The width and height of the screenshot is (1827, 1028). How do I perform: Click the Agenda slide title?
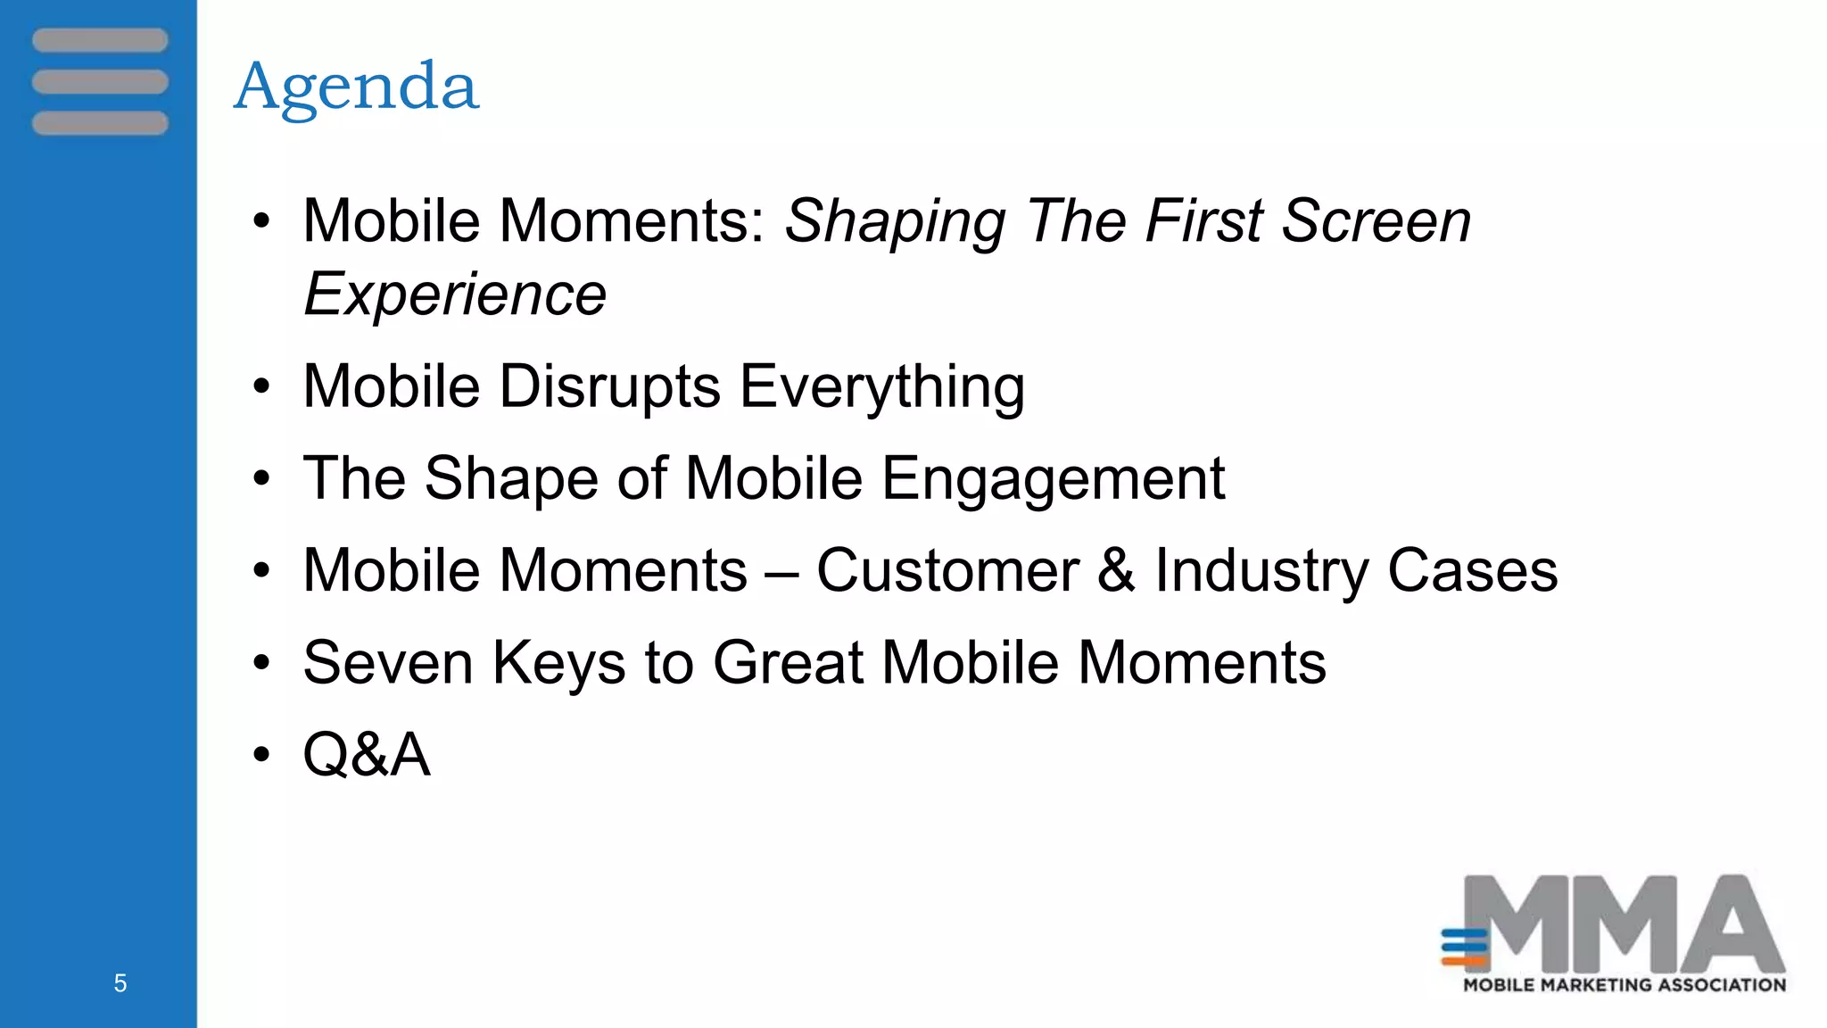356,87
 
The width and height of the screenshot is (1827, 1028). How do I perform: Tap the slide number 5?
120,983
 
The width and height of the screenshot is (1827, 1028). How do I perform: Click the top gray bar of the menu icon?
100,40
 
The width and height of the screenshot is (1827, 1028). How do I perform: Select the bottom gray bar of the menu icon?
100,123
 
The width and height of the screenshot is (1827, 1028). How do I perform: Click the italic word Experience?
455,294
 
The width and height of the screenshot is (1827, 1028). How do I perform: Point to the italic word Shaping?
895,221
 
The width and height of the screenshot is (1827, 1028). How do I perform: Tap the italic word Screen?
1376,221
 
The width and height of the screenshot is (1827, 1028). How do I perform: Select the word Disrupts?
609,387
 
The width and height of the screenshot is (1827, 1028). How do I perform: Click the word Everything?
882,387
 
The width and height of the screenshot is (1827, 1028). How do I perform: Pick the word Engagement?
1053,479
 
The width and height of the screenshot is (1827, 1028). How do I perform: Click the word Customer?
947,571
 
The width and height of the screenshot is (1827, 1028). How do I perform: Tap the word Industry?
1261,571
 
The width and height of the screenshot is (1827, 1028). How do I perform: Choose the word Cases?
1472,571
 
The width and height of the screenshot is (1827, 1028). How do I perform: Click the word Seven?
388,663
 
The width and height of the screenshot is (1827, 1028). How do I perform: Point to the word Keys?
559,663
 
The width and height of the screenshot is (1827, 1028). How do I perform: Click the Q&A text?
367,755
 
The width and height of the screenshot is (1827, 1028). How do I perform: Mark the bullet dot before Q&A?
260,755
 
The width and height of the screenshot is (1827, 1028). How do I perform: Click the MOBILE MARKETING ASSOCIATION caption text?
1624,985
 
